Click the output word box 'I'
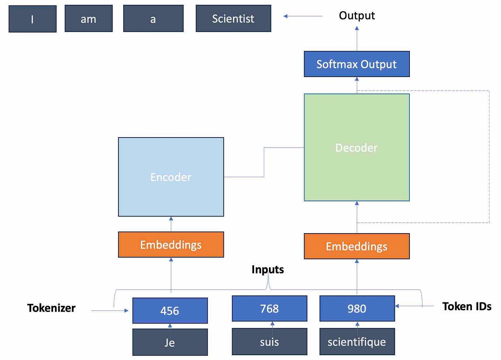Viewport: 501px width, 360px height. coord(32,19)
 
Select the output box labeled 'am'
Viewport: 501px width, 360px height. coord(89,19)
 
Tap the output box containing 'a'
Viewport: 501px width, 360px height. coord(153,19)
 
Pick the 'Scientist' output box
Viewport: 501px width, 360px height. coord(233,18)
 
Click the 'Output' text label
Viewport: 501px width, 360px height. coord(357,15)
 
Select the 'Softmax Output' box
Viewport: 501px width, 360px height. coord(356,64)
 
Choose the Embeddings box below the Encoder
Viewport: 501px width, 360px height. coord(171,245)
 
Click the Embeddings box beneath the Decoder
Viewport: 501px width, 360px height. coord(356,246)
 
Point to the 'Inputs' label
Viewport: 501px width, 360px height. coord(267,270)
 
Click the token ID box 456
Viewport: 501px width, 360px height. coord(170,311)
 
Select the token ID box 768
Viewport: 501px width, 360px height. coord(269,308)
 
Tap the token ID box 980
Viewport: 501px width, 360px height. coord(357,308)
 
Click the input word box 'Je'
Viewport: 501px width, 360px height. coord(170,342)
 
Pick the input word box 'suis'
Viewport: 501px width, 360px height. coord(269,342)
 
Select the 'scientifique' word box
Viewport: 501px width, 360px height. coord(357,342)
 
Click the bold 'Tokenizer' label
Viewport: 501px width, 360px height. coord(51,308)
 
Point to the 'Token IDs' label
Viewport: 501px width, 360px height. coord(467,307)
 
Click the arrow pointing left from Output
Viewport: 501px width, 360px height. coord(303,16)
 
